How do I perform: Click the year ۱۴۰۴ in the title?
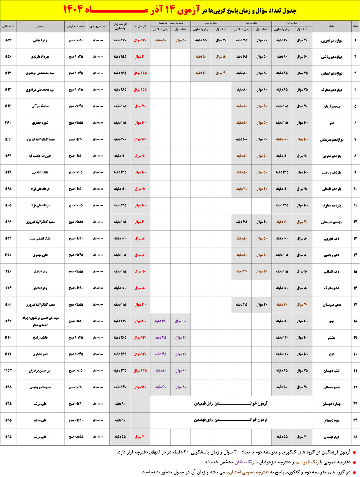pyautogui.click(x=73, y=10)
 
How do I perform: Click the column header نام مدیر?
pyautogui.click(x=40, y=26)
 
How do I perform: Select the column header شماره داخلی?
pyautogui.click(x=8, y=26)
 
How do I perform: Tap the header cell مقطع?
pyautogui.click(x=332, y=26)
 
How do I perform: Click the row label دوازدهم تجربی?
pyautogui.click(x=332, y=40)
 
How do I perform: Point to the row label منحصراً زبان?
pyautogui.click(x=332, y=106)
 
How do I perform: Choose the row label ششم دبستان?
pyautogui.click(x=331, y=371)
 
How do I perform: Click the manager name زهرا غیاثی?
pyautogui.click(x=40, y=40)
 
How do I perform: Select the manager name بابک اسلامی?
pyautogui.click(x=40, y=172)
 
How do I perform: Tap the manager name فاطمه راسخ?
pyautogui.click(x=40, y=338)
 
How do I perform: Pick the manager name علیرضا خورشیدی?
pyautogui.click(x=40, y=387)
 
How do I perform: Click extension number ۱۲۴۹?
pyautogui.click(x=8, y=172)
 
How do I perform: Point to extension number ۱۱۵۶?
pyautogui.click(x=8, y=57)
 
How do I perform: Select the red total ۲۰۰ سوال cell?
pyautogui.click(x=140, y=321)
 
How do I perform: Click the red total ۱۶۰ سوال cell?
pyautogui.click(x=140, y=139)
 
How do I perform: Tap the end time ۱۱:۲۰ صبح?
pyautogui.click(x=76, y=139)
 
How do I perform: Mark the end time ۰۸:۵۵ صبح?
pyautogui.click(x=76, y=437)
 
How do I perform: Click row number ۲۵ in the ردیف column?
pyautogui.click(x=355, y=437)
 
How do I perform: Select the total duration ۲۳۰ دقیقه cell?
pyautogui.click(x=120, y=321)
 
